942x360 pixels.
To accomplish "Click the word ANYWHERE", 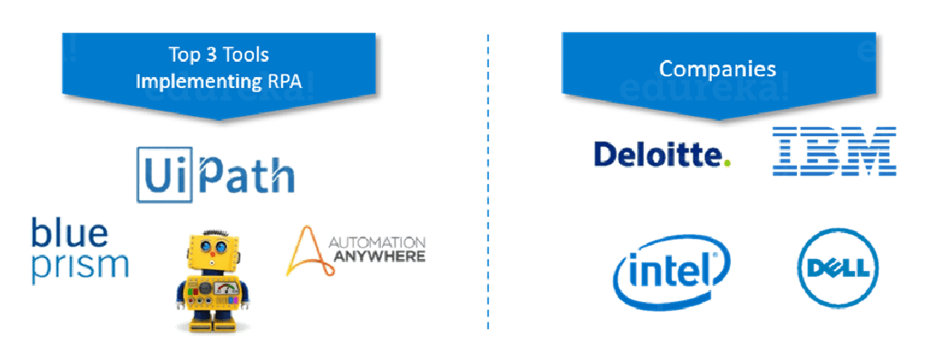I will point(378,257).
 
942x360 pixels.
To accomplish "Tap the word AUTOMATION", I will point(378,243).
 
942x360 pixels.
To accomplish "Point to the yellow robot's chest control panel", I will point(212,292).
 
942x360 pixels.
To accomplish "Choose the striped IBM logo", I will point(834,150).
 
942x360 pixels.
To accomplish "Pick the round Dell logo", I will point(838,268).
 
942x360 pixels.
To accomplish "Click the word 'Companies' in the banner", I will point(717,69).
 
